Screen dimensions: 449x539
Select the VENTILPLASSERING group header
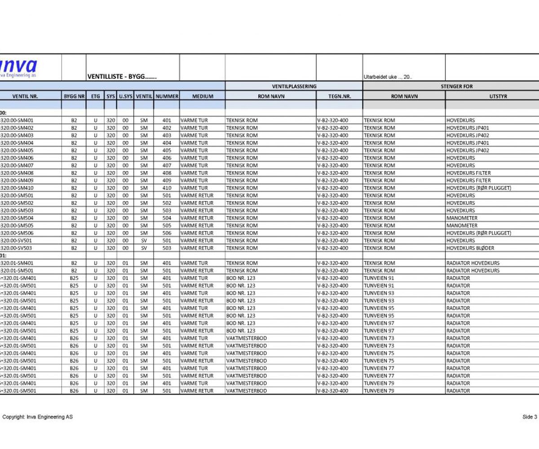pos(294,86)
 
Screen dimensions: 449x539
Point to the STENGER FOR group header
pos(457,86)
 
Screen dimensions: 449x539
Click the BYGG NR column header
pos(74,96)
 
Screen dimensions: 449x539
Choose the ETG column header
pos(95,96)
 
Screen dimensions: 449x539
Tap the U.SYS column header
pos(125,96)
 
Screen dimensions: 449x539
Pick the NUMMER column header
pos(167,96)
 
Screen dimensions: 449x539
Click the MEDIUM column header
pos(202,96)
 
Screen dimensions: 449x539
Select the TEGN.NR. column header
pos(339,96)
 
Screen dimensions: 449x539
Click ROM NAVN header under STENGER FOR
pos(404,96)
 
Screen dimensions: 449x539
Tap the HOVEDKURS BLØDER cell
pos(470,248)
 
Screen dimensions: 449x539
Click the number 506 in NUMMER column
pos(167,233)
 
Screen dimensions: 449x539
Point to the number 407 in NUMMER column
pos(167,165)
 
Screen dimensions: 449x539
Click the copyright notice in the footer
pos(37,417)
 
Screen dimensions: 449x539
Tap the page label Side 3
pos(530,417)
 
